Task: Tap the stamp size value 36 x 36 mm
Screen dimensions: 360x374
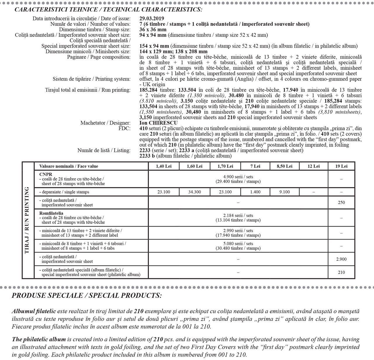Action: coord(153,30)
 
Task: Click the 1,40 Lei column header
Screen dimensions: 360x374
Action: coord(164,166)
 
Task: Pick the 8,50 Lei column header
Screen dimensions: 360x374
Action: coord(285,166)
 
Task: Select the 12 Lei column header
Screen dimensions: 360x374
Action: coord(314,166)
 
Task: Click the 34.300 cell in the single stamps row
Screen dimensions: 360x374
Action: coord(195,192)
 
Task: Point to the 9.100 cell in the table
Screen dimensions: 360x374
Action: coord(285,192)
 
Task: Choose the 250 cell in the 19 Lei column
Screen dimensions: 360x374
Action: coord(341,202)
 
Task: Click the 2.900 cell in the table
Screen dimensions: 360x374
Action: coord(341,259)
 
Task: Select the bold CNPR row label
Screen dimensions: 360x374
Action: coord(46,174)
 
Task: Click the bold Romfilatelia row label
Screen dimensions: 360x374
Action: coord(51,213)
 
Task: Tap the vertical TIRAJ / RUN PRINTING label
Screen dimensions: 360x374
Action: coord(27,221)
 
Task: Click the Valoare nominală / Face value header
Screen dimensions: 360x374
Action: coord(69,166)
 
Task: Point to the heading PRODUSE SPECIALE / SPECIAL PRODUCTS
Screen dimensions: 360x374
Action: coord(86,295)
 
